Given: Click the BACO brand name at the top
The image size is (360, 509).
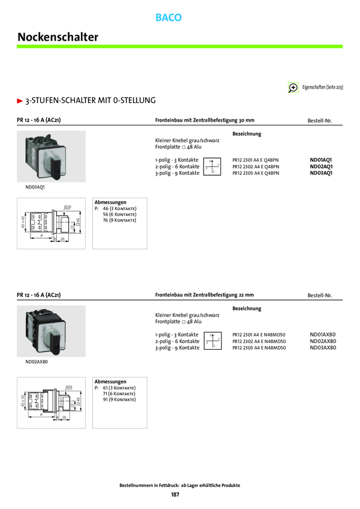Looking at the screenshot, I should pyautogui.click(x=168, y=18).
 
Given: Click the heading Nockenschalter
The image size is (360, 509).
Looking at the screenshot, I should pyautogui.click(x=58, y=37).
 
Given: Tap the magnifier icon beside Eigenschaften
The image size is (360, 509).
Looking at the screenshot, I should pyautogui.click(x=294, y=87).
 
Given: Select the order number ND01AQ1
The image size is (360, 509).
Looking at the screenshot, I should pyautogui.click(x=321, y=160).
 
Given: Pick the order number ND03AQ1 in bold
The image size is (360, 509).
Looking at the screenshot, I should pyautogui.click(x=321, y=172).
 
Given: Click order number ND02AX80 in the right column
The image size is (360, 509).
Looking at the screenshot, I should pyautogui.click(x=323, y=341).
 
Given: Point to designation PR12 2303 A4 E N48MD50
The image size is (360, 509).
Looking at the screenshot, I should pyautogui.click(x=259, y=347).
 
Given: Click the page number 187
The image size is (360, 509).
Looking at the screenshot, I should pyautogui.click(x=176, y=495).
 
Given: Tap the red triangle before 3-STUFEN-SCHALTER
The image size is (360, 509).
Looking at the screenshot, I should pyautogui.click(x=20, y=100).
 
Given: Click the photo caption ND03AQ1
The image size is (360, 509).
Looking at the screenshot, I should pyautogui.click(x=35, y=187).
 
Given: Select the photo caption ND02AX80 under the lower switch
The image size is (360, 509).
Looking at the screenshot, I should pyautogui.click(x=37, y=362).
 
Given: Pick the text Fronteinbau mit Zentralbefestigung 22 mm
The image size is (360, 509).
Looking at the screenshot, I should pyautogui.click(x=204, y=295).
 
